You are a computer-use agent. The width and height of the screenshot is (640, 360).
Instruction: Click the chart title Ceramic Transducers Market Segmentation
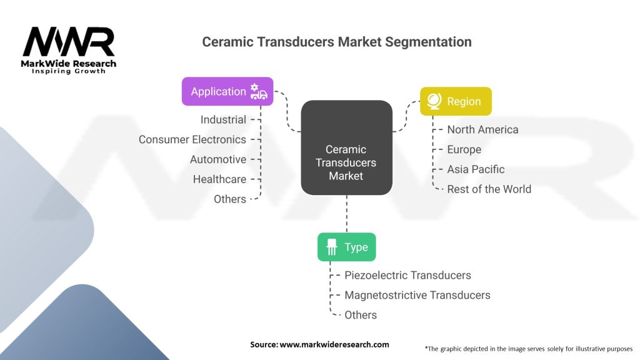point(336,42)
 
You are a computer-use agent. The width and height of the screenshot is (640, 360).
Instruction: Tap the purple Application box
point(227,91)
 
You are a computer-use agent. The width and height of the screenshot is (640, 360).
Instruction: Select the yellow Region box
point(456,101)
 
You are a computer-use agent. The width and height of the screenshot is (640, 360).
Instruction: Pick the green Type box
point(346,247)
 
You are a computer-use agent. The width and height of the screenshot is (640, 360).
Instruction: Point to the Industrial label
point(223,119)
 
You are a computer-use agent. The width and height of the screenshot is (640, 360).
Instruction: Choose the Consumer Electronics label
point(192,139)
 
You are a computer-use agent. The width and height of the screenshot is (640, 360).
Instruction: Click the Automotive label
point(218,159)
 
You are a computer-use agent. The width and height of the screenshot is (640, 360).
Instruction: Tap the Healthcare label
point(219,179)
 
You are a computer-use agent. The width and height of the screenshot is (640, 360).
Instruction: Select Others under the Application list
point(229,199)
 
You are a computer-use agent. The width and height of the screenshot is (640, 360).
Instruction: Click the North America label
point(482,129)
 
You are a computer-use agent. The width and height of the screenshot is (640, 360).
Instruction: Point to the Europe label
point(464,149)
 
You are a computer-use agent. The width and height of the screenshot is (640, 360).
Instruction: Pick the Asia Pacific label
point(476,169)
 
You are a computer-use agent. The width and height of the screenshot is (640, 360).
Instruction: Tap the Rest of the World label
point(489,189)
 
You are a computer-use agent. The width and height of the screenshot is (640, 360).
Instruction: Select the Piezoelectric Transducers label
point(407,275)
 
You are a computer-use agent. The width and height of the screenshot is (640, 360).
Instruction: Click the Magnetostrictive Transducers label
point(417,295)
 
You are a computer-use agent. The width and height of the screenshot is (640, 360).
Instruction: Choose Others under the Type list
point(361,315)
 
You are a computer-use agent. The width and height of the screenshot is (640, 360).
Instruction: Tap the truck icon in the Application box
point(259,92)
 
